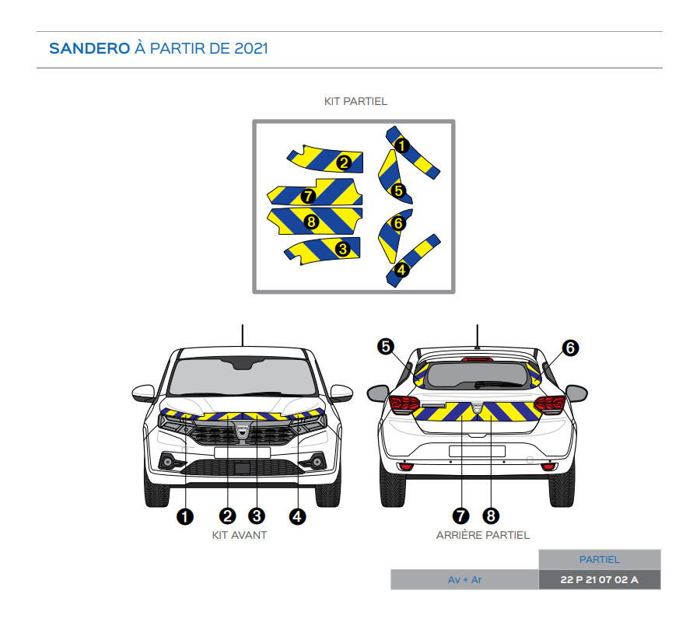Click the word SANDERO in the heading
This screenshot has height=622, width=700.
[89, 48]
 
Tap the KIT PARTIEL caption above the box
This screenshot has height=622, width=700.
[355, 102]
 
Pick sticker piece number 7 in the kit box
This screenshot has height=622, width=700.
[315, 193]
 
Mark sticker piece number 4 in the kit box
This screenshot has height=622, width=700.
[413, 257]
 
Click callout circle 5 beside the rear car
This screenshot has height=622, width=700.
[386, 347]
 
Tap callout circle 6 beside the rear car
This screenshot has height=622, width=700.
[570, 348]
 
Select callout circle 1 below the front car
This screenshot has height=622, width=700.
[186, 515]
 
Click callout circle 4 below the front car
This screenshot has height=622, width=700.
[297, 515]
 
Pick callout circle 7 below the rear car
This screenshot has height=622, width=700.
[462, 515]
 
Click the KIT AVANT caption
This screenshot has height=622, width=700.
[240, 535]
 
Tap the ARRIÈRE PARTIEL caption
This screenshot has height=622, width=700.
[483, 535]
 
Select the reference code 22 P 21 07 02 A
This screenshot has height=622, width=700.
[599, 580]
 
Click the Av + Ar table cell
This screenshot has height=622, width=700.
[464, 580]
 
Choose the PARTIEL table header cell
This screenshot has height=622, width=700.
[599, 560]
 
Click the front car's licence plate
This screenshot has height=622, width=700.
[242, 452]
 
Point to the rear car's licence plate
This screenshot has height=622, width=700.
[477, 450]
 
